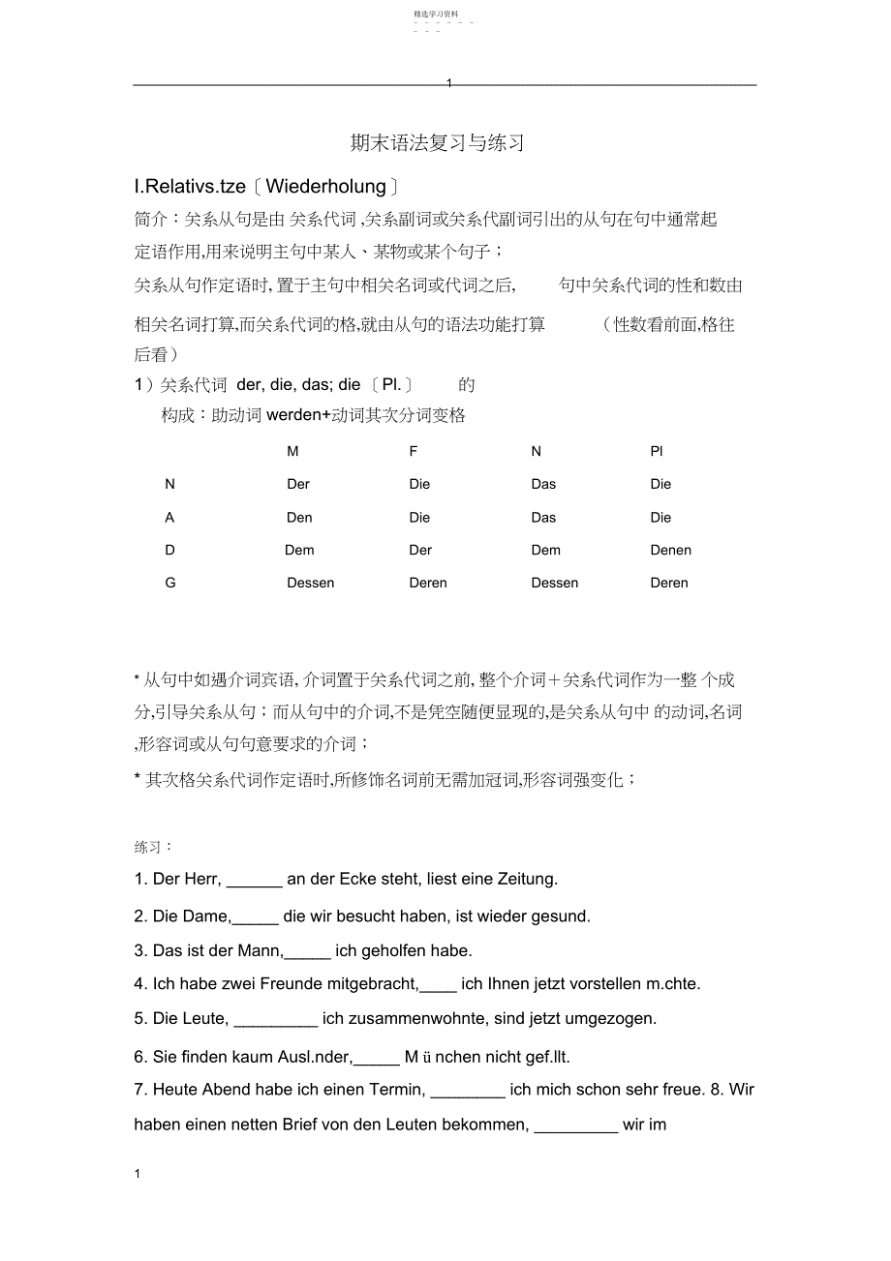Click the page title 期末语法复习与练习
(x=437, y=143)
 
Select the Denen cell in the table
(x=670, y=550)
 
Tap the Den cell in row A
(x=299, y=517)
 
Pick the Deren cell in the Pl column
(x=669, y=583)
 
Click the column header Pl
(x=657, y=451)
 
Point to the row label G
(x=170, y=583)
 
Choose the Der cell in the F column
(x=420, y=550)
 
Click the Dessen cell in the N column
(x=554, y=583)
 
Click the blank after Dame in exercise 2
(x=256, y=916)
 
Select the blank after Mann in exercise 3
(x=308, y=951)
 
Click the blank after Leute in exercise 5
(x=276, y=1019)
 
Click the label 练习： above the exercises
(x=153, y=847)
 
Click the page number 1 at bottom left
(x=138, y=1174)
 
